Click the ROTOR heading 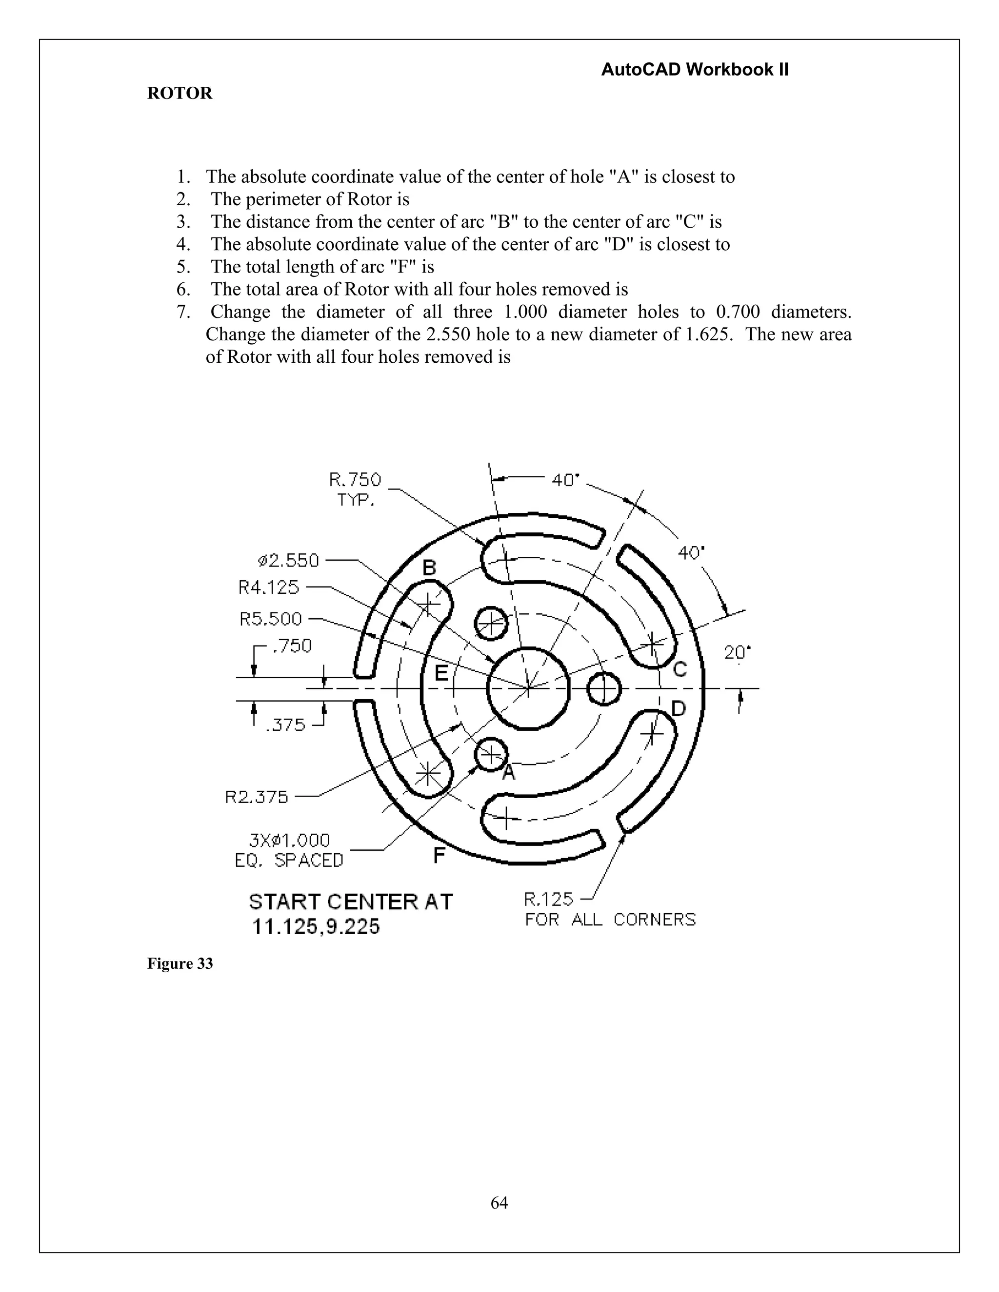180,94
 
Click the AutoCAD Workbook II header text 694,70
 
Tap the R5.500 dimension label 270,619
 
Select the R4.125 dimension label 269,587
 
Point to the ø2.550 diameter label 288,560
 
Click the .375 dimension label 285,724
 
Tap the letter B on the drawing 429,568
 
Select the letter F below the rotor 439,856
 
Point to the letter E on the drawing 441,673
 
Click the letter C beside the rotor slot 680,669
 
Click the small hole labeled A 491,754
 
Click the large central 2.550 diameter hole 528,688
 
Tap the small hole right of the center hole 604,688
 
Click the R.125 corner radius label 549,900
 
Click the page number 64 499,1187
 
